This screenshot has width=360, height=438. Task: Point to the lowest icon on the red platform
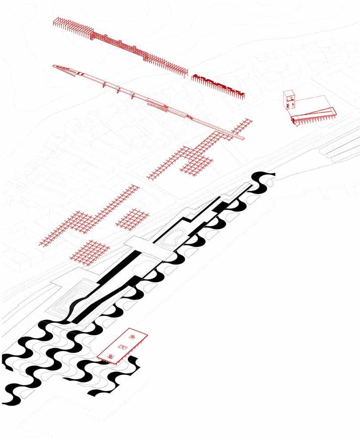pyautogui.click(x=110, y=356)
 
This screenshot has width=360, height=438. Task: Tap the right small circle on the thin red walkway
pyautogui.click(x=132, y=93)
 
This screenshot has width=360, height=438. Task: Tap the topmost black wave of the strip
pyautogui.click(x=263, y=178)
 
